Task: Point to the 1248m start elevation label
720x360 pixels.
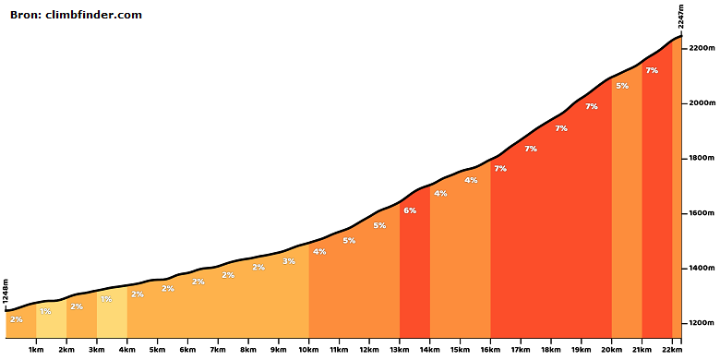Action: coord(6,291)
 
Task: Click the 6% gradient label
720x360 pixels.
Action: coord(410,210)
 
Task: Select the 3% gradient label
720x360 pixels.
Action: coord(289,261)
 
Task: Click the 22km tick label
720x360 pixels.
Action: coord(672,351)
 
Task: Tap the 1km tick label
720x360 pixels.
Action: coord(36,351)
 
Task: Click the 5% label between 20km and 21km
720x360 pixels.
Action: coord(622,86)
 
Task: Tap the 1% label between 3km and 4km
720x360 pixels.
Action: coord(106,299)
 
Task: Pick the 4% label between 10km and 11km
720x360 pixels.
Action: coord(319,252)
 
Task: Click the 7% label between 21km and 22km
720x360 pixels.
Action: coord(652,70)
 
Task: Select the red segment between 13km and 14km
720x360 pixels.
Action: coord(414,267)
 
